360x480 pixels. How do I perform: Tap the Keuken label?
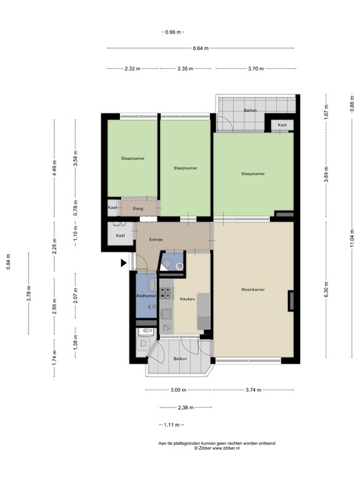tap(187, 299)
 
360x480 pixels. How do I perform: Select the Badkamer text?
tap(146, 296)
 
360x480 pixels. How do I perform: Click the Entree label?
tap(156, 239)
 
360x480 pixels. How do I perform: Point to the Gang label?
tap(138, 207)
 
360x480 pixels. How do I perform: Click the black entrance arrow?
tap(124, 264)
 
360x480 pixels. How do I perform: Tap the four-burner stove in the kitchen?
tap(166, 291)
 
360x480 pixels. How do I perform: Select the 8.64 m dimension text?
tap(200, 48)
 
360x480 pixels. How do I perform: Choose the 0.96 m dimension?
tap(173, 32)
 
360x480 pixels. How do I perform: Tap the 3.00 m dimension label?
tap(178, 390)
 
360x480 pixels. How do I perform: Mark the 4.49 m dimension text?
tap(54, 169)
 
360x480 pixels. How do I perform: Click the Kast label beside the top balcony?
tap(282, 125)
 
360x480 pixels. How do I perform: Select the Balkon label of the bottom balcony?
tap(180, 359)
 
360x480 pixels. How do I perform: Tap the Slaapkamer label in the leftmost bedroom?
tap(132, 159)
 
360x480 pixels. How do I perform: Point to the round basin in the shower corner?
tap(179, 266)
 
